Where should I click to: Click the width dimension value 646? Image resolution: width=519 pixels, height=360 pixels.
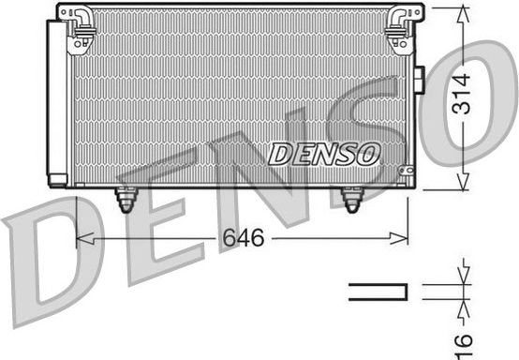(243, 239)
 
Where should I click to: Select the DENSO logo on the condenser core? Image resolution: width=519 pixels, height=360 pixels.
(324, 153)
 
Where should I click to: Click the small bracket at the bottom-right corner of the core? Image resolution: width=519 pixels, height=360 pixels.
(405, 171)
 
